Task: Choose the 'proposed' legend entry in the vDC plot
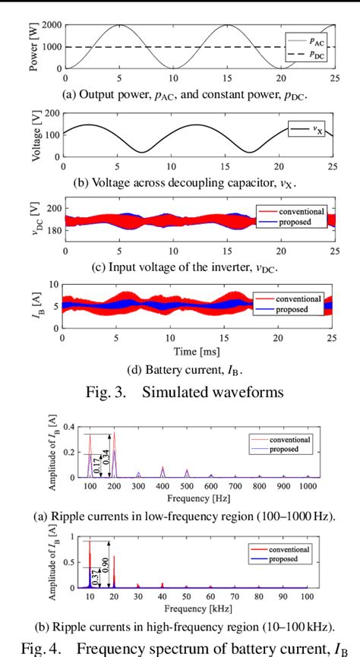click(x=304, y=222)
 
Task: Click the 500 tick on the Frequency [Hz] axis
click(x=187, y=486)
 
